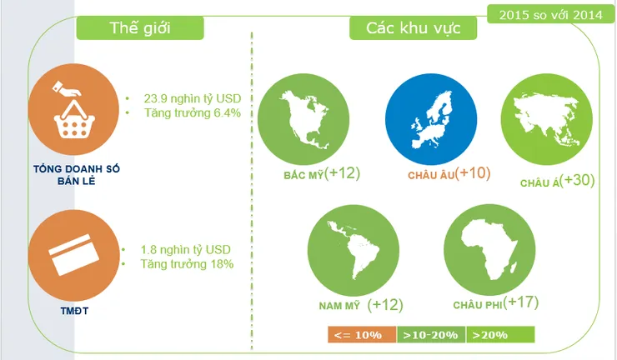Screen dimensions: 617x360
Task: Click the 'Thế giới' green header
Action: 140,28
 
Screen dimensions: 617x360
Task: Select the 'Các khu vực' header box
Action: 414,28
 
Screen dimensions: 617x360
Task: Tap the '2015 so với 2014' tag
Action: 550,14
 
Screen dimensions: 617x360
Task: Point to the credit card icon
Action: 74,254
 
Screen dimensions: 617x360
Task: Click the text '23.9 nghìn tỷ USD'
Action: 193,98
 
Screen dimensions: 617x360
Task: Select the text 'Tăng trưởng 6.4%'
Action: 193,113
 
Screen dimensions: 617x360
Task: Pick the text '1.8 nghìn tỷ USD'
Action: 186,249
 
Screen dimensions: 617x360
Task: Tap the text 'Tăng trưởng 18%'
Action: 188,263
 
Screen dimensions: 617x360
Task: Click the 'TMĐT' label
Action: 74,311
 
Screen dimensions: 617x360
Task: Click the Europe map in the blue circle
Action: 431,120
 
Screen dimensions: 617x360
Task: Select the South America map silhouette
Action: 353,250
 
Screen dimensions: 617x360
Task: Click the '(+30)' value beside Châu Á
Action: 577,180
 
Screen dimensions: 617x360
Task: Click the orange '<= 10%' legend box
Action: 362,335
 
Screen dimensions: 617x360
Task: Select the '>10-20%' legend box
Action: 431,335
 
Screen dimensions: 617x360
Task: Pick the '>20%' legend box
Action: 500,335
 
